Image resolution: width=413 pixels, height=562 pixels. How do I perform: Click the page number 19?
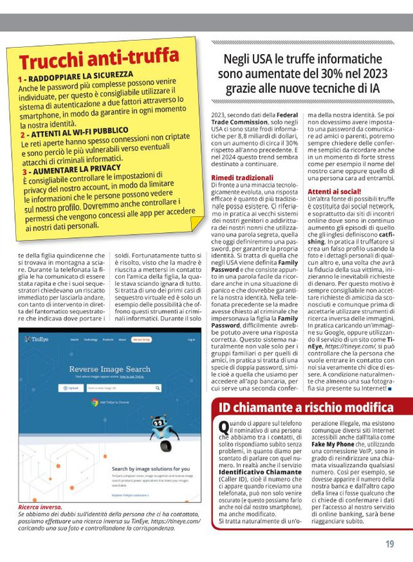tap(389, 544)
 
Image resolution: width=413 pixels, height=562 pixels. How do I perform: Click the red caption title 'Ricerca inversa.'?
tap(40, 507)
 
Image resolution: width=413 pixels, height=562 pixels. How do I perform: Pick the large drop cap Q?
tap(223, 426)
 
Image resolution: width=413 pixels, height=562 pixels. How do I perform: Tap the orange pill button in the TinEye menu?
tap(141, 339)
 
